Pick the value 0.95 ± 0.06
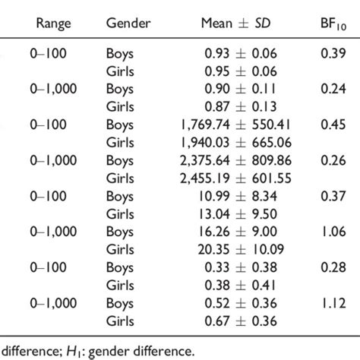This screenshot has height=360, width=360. [240, 71]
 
